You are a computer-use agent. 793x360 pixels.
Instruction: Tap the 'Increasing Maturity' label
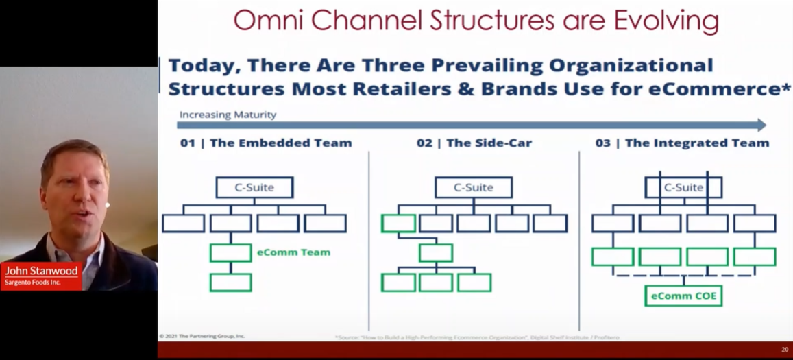228,115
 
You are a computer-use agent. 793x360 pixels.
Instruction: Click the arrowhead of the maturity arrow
761,125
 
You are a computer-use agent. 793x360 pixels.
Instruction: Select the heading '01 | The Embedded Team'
265,143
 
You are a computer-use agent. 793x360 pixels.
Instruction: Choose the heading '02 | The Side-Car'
474,143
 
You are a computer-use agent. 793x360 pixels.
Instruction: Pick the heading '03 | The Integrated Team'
682,143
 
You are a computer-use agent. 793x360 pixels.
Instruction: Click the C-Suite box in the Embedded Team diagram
254,187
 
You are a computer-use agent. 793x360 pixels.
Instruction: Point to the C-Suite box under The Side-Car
473,187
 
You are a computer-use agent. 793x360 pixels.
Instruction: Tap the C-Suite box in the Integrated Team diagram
683,187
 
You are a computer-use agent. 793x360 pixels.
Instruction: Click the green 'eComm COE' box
683,296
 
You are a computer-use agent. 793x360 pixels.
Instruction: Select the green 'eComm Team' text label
293,252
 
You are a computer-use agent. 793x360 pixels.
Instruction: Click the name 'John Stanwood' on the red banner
42,271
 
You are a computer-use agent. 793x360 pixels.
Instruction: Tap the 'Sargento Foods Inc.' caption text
32,283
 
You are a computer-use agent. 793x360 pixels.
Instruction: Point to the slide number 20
785,350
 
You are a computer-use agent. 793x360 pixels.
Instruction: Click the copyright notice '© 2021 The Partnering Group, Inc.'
202,336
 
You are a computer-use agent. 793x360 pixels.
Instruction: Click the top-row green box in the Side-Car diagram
398,224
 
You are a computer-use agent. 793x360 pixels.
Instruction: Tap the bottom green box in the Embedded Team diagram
230,283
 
